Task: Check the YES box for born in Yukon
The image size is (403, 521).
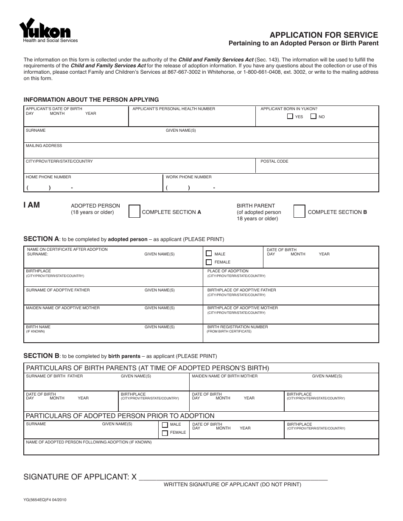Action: coord(290,116)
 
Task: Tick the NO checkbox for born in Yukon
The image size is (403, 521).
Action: coord(313,116)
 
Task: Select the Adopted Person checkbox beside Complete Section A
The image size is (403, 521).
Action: coord(134,211)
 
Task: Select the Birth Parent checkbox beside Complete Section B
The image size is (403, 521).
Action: coord(299,211)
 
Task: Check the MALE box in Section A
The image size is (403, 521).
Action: coord(209,254)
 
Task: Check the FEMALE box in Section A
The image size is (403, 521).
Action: coord(209,262)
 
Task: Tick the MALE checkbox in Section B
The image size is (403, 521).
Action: coord(165,424)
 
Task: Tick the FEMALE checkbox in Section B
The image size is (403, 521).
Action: coord(165,433)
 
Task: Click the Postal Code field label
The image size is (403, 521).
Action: coord(274,161)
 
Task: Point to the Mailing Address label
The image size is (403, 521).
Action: coord(44,146)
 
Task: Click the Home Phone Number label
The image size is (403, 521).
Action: coord(48,177)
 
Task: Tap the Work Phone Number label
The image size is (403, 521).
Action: coord(188,177)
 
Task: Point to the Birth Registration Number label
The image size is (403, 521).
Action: coord(238,327)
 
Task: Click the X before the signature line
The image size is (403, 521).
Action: coord(134,477)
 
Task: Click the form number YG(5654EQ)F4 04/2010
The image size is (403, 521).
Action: coord(45,500)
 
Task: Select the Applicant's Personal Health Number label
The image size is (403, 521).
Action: coord(174,109)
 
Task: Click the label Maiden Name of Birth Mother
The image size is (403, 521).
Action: coord(224,376)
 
